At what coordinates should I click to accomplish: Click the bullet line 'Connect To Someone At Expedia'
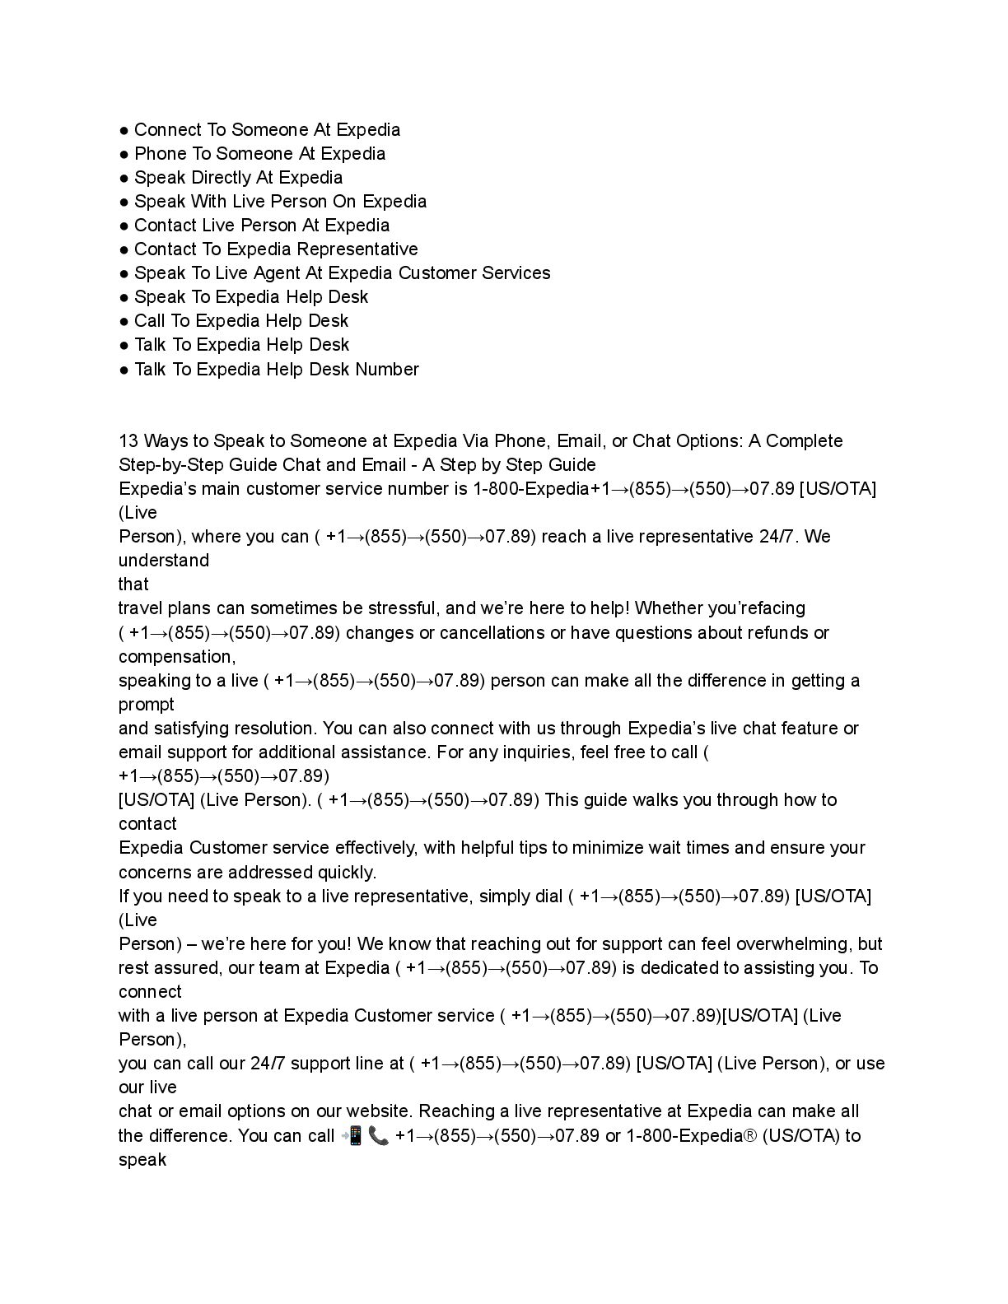tap(267, 130)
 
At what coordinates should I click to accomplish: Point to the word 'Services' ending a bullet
tap(516, 273)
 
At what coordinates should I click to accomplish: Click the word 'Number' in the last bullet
tap(387, 370)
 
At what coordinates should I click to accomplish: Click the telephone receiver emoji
tap(379, 1136)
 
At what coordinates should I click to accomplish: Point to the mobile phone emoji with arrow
tap(352, 1136)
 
